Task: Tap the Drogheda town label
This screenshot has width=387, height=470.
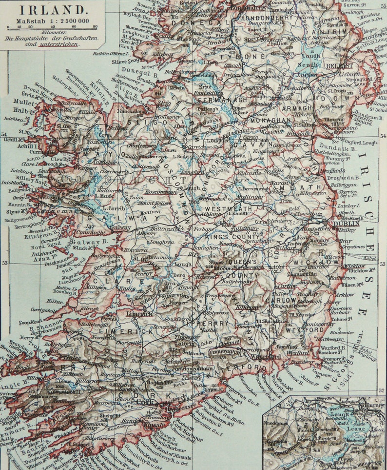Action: point(333,171)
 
